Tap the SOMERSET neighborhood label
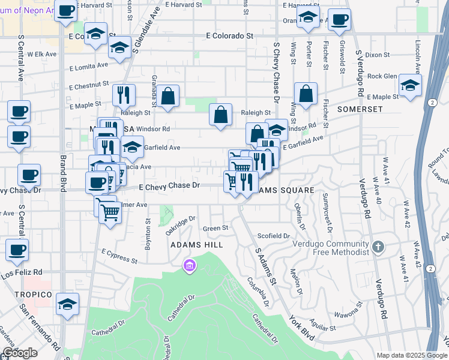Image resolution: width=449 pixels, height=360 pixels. click(360, 109)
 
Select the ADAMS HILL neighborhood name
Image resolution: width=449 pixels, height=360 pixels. click(197, 245)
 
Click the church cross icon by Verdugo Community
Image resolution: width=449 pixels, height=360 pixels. click(378, 247)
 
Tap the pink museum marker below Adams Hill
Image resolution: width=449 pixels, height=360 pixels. click(190, 265)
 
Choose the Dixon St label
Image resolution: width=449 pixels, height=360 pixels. click(377, 55)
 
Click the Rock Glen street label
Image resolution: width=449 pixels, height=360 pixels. click(382, 76)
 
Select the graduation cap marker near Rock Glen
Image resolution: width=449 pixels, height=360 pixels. click(410, 85)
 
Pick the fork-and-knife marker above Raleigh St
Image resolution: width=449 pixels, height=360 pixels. click(124, 94)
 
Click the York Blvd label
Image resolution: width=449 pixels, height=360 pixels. click(301, 327)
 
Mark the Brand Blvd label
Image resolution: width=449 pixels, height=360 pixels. click(62, 174)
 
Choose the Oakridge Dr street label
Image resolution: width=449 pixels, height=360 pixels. click(181, 224)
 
